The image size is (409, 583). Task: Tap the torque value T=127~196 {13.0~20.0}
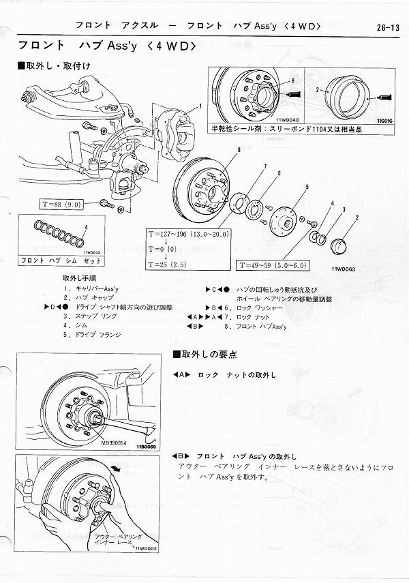(190, 234)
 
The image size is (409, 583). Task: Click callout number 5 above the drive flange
(307, 187)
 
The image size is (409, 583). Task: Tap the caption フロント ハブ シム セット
(50, 260)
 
